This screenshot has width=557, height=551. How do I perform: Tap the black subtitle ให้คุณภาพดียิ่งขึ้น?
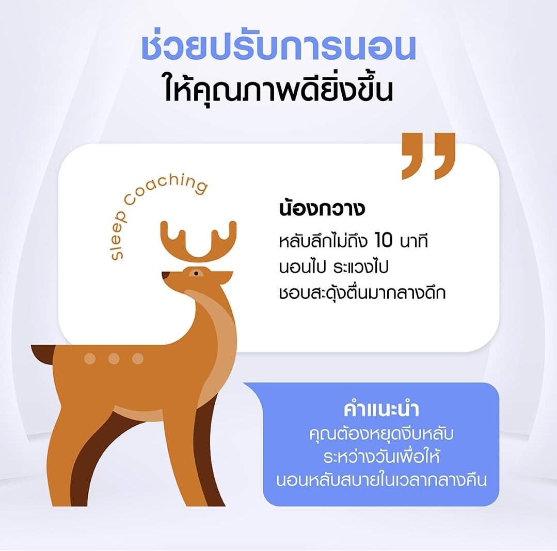(x=279, y=89)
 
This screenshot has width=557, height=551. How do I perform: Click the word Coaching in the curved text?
(x=166, y=189)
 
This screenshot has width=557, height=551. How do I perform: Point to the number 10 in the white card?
(x=384, y=240)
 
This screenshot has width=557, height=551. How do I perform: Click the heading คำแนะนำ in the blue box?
(x=381, y=409)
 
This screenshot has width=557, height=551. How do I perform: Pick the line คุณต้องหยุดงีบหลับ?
(x=381, y=433)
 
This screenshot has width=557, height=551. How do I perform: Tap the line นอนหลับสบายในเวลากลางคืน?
(x=381, y=480)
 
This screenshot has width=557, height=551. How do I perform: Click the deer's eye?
(x=196, y=273)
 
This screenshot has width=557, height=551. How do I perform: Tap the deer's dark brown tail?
(x=43, y=354)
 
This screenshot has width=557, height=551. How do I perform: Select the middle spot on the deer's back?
(x=114, y=359)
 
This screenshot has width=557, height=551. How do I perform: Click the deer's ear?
(x=221, y=277)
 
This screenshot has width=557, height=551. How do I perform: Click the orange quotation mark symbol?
(x=428, y=156)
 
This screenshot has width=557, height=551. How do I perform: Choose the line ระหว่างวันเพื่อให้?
(x=381, y=457)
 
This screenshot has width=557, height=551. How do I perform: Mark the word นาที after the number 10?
(x=414, y=241)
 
